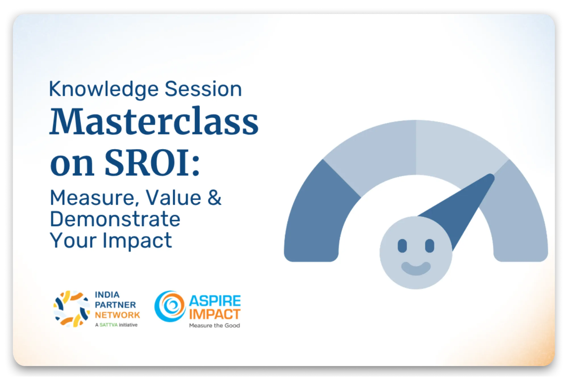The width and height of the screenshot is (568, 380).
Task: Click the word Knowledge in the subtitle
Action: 104,89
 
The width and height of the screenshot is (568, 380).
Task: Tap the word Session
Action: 203,89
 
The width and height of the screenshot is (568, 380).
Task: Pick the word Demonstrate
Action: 115,219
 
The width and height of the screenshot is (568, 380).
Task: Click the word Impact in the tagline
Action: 137,241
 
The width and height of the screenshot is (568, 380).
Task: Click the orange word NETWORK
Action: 117,315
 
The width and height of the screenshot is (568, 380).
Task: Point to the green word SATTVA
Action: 108,325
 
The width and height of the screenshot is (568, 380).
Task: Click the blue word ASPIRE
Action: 215,301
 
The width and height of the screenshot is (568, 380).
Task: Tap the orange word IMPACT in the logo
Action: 215,314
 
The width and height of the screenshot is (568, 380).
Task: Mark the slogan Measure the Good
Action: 215,325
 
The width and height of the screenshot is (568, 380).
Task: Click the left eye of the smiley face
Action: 402,246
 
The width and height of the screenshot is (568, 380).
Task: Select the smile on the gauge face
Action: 416,268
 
